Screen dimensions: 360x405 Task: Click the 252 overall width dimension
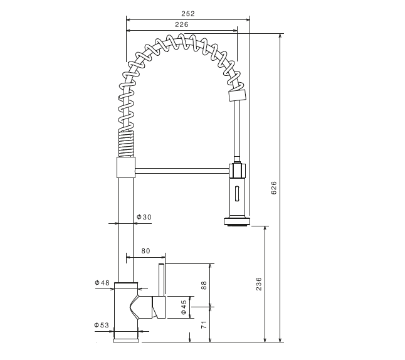click(x=188, y=13)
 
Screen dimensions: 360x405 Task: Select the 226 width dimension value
click(x=182, y=24)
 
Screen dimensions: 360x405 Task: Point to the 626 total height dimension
click(x=273, y=188)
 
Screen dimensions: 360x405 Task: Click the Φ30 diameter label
click(x=144, y=218)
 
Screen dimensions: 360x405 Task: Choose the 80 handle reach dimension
click(x=145, y=251)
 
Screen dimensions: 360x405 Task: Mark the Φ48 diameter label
click(x=103, y=283)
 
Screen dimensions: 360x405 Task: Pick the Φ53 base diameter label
click(x=102, y=325)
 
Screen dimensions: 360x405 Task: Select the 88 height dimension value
click(x=204, y=285)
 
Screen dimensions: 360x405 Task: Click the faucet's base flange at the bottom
click(x=126, y=341)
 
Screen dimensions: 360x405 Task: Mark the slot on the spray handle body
click(x=236, y=193)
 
